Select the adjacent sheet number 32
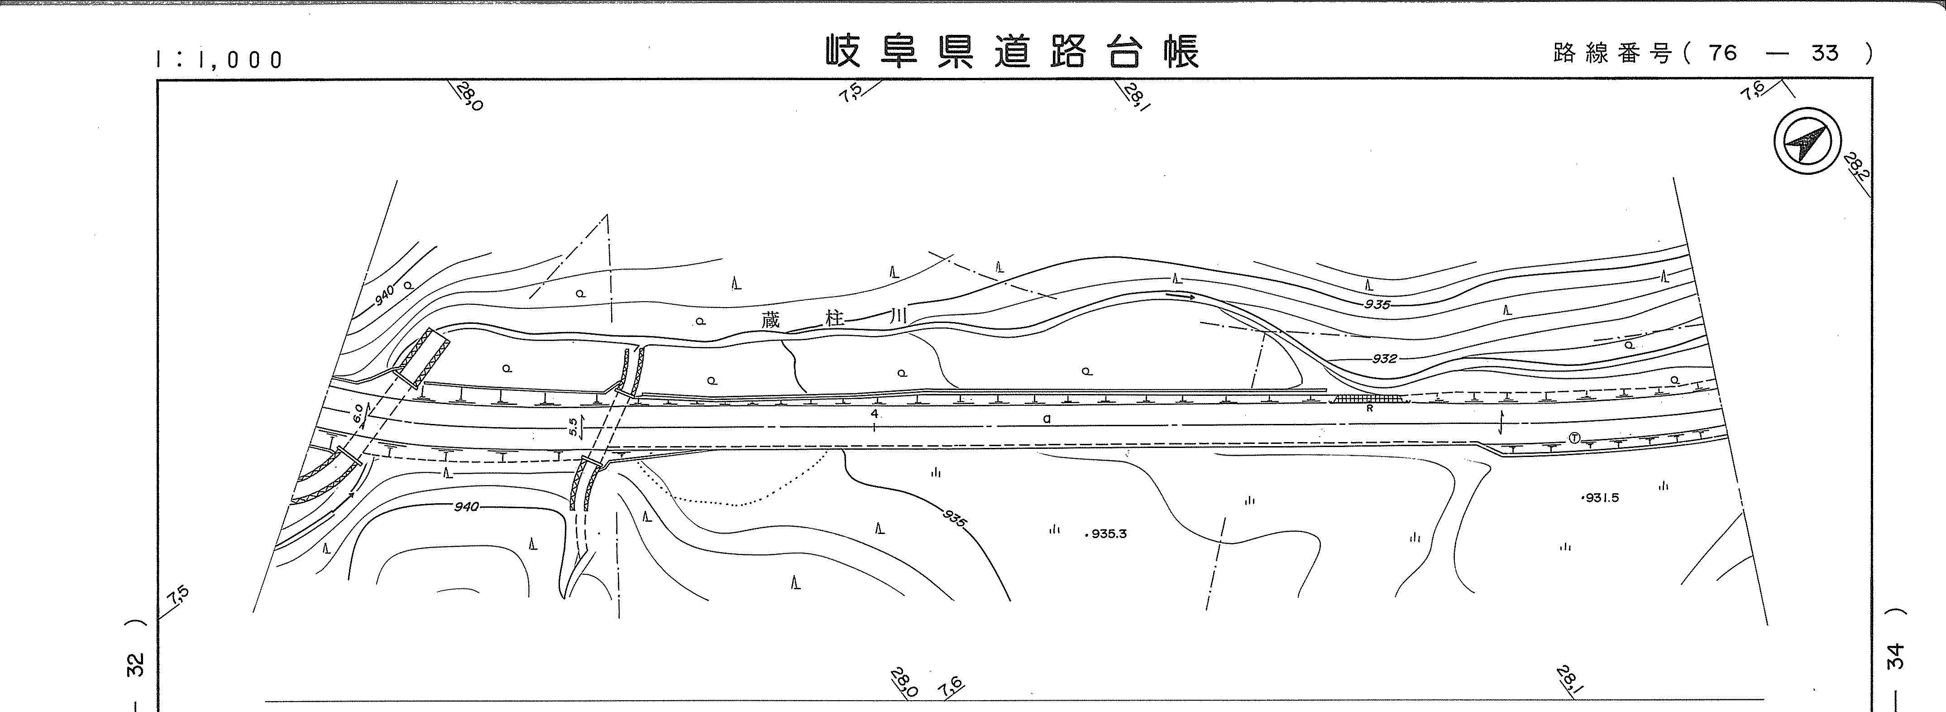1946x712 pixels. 136,665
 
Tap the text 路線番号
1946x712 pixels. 1612,53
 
